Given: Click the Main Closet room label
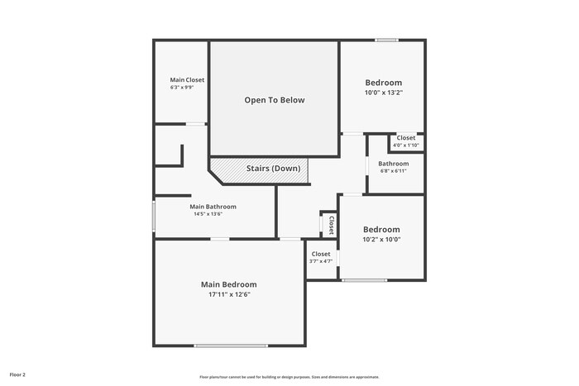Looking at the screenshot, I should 187,80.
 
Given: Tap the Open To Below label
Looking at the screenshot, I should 274,100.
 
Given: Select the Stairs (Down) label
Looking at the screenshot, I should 273,169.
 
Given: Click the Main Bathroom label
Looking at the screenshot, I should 213,207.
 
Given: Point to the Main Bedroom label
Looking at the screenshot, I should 228,284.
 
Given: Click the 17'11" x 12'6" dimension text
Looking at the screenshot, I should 228,294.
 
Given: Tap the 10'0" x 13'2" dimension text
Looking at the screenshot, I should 384,93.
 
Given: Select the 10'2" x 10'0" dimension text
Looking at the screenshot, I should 382,240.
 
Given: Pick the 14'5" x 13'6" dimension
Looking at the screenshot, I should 208,214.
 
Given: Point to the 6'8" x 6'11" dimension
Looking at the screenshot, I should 394,171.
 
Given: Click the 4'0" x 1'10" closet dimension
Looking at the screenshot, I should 405,145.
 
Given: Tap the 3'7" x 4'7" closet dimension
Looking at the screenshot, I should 321,261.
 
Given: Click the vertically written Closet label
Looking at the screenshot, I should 331,225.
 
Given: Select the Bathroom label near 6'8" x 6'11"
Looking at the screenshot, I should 393,164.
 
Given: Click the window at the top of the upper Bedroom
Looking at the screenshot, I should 386,40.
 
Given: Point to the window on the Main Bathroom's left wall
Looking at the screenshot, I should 153,215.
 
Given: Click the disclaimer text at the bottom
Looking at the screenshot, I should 289,377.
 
